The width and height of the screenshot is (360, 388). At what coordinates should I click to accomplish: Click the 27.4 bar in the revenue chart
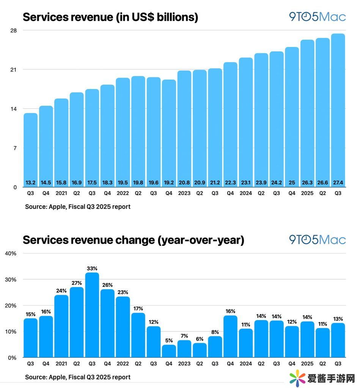point(338,110)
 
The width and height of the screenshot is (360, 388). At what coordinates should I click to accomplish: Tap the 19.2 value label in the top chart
point(169,182)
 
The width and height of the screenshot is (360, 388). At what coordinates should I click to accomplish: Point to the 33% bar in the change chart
point(92,314)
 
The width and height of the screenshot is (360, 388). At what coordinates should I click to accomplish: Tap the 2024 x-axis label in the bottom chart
point(245,364)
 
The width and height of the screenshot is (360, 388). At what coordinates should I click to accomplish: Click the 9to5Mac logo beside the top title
point(317,17)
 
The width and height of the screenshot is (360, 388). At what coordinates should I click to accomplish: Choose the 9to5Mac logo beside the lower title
point(317,239)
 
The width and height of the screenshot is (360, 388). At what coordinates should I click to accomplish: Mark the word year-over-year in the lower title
point(200,240)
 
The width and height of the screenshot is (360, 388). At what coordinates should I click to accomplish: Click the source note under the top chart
point(78,207)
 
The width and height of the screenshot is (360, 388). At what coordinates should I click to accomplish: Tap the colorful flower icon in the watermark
point(298,377)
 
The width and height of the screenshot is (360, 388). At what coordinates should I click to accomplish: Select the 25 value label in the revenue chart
point(291,182)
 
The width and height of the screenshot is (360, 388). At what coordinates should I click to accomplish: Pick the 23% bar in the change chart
point(123,327)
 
